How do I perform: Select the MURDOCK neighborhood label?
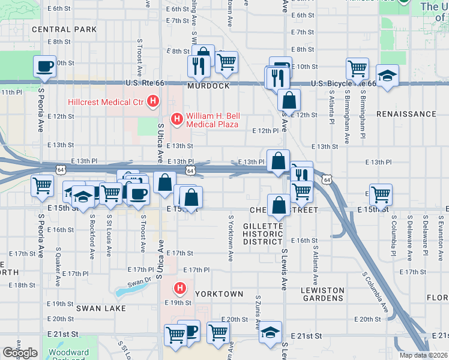point(208,86)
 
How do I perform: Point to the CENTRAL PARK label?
point(64,29)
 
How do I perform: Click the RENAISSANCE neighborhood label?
point(406,114)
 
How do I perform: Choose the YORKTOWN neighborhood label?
point(219,294)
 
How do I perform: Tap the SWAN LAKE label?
point(101,308)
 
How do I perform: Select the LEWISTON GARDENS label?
point(323,294)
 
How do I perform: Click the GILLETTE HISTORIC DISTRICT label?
point(262,233)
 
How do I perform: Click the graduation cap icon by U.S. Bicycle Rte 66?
point(387,76)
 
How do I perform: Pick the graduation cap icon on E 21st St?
point(271,332)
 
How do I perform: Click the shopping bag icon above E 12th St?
point(289,100)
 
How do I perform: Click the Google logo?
point(19,353)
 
